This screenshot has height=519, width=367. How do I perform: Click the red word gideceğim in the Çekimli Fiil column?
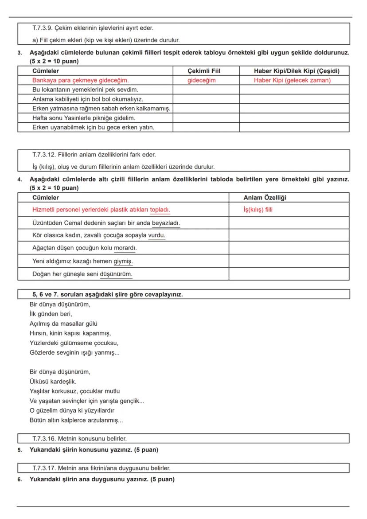[202, 80]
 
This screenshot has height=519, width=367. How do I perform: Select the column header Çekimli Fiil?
[204, 71]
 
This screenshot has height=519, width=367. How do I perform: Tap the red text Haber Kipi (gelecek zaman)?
[292, 80]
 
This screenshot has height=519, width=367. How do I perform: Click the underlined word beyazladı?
[166, 222]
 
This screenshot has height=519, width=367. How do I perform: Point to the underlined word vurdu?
[156, 235]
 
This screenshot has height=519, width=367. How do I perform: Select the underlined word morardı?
[125, 247]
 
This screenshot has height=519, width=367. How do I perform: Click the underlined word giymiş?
[123, 261]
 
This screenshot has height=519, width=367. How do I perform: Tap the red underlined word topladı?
[160, 210]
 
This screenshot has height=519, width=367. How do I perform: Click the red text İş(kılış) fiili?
[258, 210]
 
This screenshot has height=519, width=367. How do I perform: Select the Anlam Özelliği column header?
[268, 198]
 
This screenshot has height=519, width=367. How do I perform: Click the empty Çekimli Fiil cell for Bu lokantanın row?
[206, 90]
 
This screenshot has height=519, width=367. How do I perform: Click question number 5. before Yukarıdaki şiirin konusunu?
[20, 450]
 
